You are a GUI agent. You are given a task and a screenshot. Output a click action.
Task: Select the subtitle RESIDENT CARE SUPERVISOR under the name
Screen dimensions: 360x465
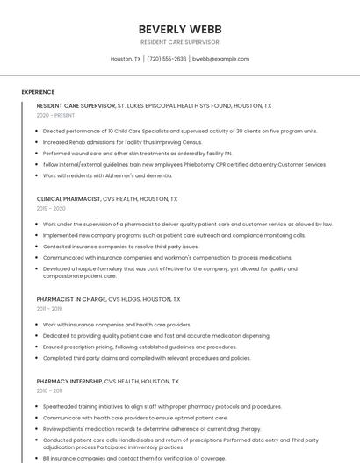(179, 42)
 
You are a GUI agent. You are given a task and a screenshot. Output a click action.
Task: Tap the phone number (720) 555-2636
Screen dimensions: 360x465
(166, 59)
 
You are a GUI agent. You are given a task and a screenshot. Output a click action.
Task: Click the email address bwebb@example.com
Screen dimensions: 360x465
(220, 59)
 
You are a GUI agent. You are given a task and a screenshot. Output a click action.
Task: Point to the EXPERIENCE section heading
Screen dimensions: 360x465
(38, 92)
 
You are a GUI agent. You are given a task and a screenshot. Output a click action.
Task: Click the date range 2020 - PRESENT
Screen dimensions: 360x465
(55, 115)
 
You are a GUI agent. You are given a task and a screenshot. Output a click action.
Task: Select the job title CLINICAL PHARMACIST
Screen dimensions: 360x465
(68, 199)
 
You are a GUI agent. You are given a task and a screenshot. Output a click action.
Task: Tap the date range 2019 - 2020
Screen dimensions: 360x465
(51, 209)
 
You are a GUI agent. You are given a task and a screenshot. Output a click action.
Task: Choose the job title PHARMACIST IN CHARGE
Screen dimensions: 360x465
(70, 299)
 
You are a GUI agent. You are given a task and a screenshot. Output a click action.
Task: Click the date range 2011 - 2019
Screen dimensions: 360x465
(49, 309)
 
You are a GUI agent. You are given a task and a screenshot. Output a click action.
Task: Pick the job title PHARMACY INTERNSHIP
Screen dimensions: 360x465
(69, 382)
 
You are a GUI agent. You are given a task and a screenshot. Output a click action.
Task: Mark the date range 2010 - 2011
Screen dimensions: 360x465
(49, 391)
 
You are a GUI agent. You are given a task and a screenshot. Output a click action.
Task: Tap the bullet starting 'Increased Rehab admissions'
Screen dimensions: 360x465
(122, 141)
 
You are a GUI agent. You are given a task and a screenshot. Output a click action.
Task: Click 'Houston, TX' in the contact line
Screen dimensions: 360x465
(126, 59)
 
